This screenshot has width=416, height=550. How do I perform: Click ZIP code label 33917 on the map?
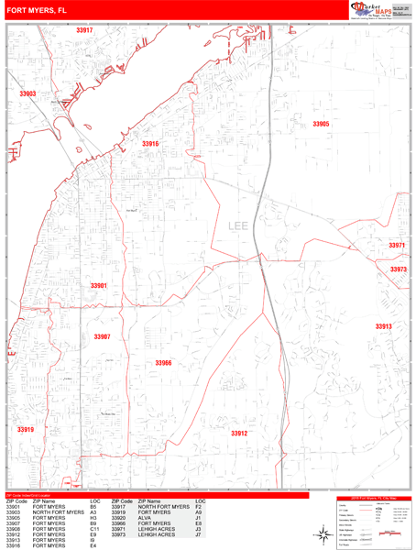point(84,31)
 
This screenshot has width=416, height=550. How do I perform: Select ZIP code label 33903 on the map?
point(27,94)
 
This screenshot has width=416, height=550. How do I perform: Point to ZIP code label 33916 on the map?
point(150,144)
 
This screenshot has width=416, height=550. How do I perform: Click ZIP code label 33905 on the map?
point(320,124)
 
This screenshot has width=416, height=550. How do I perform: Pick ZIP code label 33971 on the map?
point(397,246)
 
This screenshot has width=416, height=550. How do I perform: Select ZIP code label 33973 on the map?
point(398,269)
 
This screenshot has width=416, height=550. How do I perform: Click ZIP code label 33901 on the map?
point(99,286)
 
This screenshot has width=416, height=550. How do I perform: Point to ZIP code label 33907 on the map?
point(102,336)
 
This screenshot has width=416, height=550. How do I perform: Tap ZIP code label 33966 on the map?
point(163,363)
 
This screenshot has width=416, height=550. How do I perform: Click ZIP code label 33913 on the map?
point(383,326)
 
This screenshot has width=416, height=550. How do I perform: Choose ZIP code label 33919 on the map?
point(25,429)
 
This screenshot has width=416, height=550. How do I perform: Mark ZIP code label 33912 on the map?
point(238,433)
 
